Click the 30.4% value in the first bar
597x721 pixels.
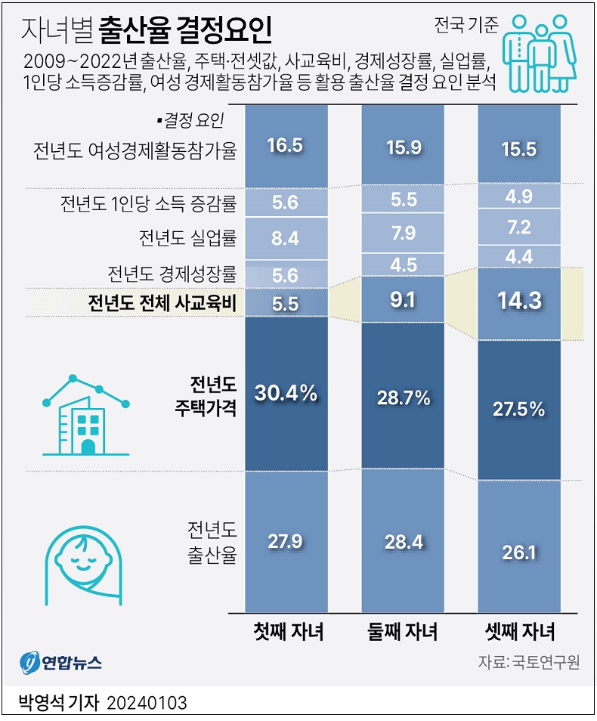click(286, 393)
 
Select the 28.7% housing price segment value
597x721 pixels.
click(403, 397)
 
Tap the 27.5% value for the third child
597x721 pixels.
click(519, 409)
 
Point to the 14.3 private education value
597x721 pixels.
click(519, 301)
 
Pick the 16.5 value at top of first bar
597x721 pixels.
click(286, 146)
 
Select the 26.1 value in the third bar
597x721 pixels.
click(519, 552)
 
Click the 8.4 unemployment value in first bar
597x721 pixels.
click(286, 239)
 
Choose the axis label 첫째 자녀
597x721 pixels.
click(288, 632)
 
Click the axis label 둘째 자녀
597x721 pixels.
click(403, 632)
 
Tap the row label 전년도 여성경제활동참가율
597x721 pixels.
click(135, 150)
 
